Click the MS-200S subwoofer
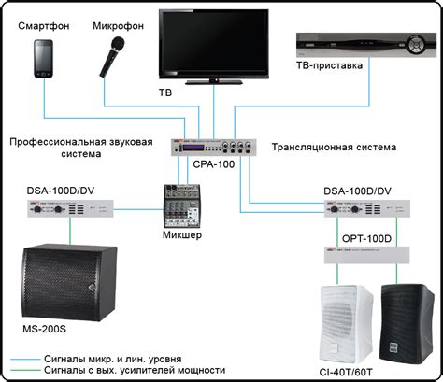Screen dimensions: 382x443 (x=61, y=279)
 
